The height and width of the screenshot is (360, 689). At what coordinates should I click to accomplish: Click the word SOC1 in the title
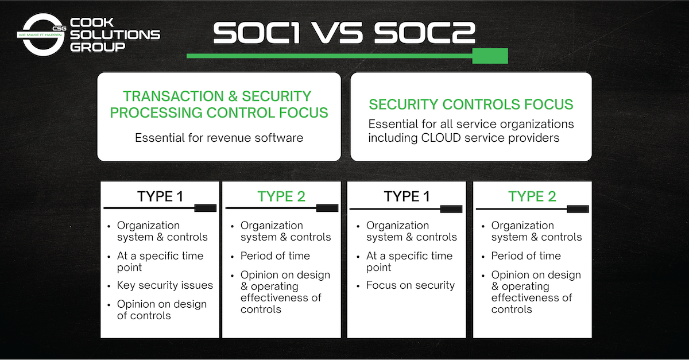coord(256,33)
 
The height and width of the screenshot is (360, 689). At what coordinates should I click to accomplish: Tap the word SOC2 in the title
coord(425,33)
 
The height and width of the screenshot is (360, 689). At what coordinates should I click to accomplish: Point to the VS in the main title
coord(338,33)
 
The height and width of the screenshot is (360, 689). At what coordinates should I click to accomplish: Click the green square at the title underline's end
coord(490,56)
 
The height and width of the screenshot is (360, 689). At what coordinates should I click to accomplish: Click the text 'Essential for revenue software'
coord(219,138)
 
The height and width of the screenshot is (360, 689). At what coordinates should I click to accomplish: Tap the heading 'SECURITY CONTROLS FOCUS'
coord(471,104)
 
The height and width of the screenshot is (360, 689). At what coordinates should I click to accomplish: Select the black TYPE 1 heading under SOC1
coord(160,196)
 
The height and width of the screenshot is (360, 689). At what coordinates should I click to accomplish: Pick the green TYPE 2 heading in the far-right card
coord(532,196)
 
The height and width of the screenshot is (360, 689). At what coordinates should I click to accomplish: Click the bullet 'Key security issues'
coord(165,285)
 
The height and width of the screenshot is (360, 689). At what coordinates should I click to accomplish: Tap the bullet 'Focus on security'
coord(411,285)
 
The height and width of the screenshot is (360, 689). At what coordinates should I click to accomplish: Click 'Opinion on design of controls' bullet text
coord(162,310)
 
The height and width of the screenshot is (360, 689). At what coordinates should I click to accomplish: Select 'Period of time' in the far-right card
coord(526,256)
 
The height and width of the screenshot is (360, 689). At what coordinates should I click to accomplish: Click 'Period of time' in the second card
coord(275,256)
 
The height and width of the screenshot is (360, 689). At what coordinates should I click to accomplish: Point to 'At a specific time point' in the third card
coord(409,262)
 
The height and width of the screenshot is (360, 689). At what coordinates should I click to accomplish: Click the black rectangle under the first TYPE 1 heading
coord(206,208)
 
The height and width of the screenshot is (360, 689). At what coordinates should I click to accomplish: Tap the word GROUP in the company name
coord(98,47)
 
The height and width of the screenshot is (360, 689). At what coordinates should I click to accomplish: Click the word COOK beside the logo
coord(92,22)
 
